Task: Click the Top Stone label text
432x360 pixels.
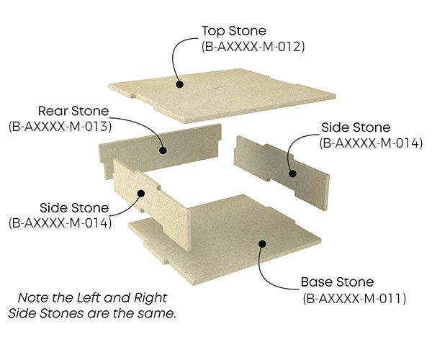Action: pos(233,31)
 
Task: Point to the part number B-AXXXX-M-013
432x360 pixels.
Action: pos(59,127)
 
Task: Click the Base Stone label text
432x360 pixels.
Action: pos(338,282)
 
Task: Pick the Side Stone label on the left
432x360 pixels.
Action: pos(59,208)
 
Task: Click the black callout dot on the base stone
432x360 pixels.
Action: pos(262,243)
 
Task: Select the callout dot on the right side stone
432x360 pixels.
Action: pos(292,173)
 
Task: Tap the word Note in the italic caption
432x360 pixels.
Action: pos(33,297)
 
